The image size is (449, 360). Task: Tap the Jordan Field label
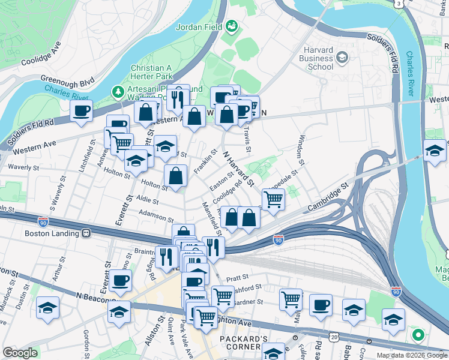click(x=197, y=26)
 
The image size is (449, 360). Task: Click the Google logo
click(x=20, y=353)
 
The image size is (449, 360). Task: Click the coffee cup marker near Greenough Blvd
click(x=81, y=110)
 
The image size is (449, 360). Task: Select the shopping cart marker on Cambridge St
click(x=274, y=199)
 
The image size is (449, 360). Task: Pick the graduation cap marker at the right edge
click(x=435, y=151)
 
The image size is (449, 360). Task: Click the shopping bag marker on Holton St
click(x=175, y=176)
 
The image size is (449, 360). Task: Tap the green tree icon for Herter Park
click(x=118, y=92)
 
